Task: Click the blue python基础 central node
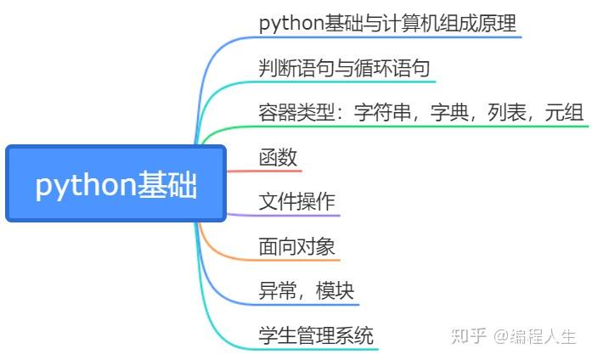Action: pyautogui.click(x=116, y=183)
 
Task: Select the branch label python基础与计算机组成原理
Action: pyautogui.click(x=387, y=23)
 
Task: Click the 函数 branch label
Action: pyautogui.click(x=278, y=157)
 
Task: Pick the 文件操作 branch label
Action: pyautogui.click(x=296, y=202)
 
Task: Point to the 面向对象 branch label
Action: pyautogui.click(x=296, y=247)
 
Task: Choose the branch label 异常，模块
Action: pyautogui.click(x=306, y=291)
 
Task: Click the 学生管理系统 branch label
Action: pyautogui.click(x=316, y=335)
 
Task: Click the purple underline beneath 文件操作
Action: pyautogui.click(x=297, y=216)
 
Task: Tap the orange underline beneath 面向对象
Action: pyautogui.click(x=297, y=260)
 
